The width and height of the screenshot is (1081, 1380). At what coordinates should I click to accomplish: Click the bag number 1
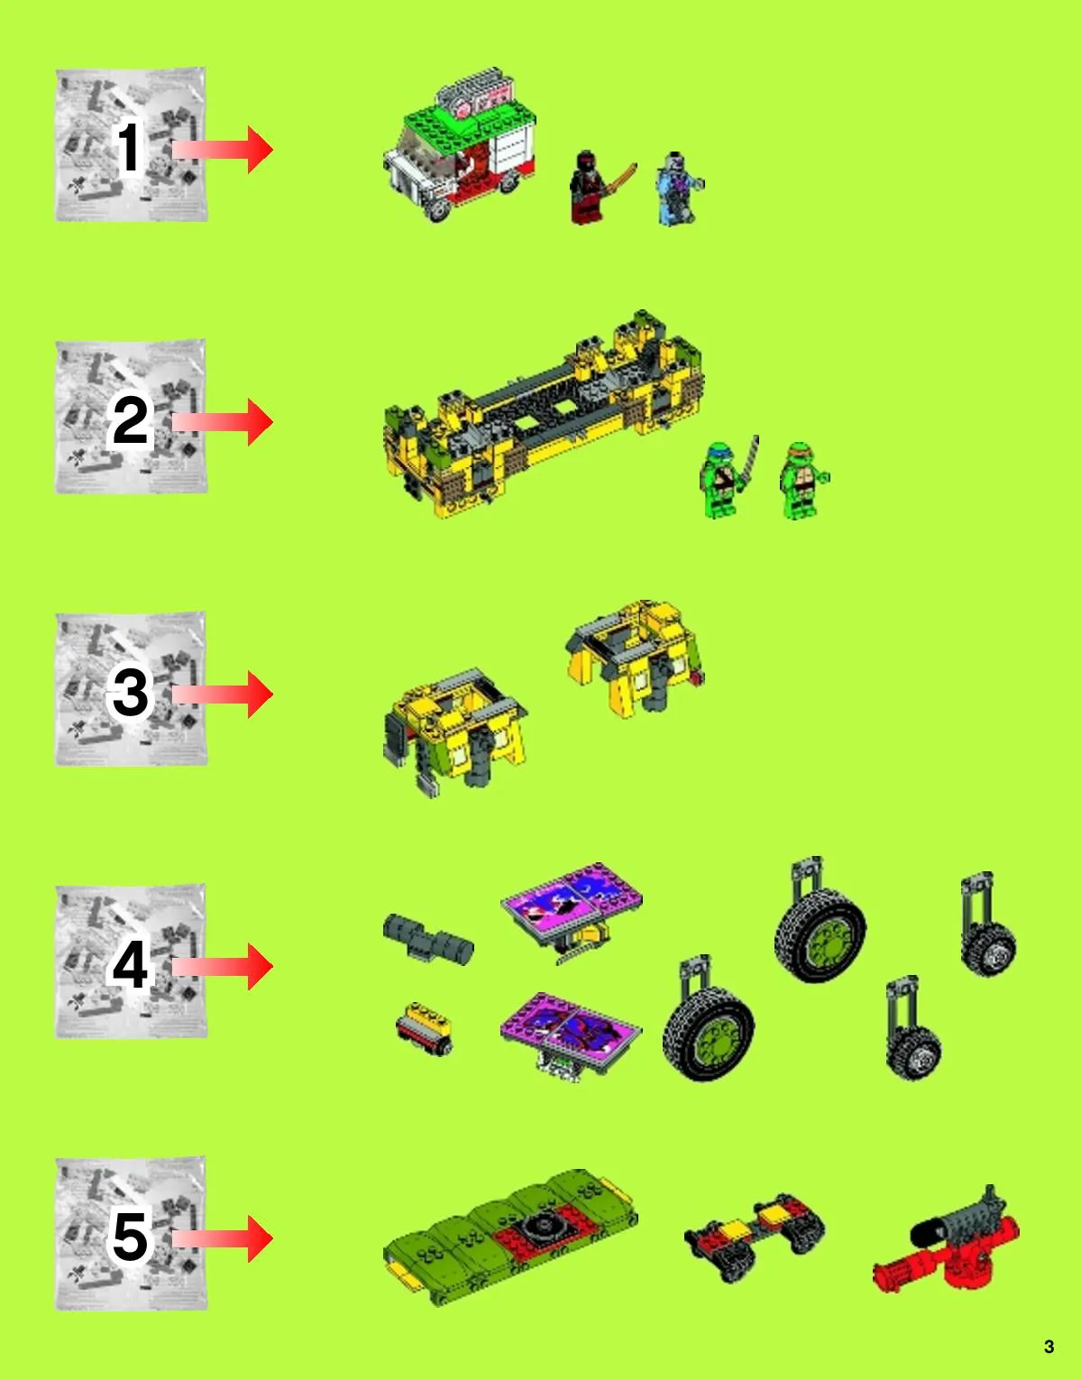pos(130,147)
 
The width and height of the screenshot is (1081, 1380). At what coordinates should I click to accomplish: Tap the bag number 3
pos(130,693)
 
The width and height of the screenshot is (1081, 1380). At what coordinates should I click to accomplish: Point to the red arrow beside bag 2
pos(222,422)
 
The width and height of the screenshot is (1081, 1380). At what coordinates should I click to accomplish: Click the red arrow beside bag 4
pos(222,967)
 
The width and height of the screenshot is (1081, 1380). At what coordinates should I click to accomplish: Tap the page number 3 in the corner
pos(1049,1347)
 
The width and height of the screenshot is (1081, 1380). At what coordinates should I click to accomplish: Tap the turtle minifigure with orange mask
pos(803,481)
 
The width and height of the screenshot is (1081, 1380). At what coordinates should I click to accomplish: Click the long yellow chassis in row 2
pos(543,414)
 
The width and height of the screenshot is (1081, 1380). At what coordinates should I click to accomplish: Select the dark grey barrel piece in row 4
pos(428,939)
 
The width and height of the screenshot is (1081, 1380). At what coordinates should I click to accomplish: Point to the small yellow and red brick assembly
pos(424,1028)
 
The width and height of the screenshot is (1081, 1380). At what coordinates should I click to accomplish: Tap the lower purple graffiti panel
pos(571,1035)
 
